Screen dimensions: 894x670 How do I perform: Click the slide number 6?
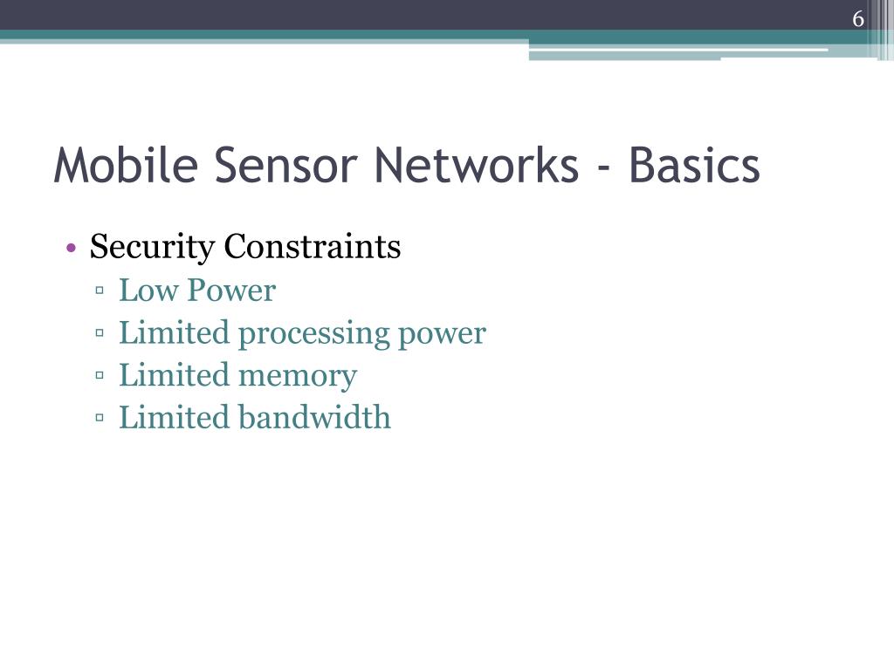859,19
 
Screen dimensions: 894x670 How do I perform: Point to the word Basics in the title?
694,166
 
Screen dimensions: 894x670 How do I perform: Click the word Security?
152,248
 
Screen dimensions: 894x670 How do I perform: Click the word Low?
148,291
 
